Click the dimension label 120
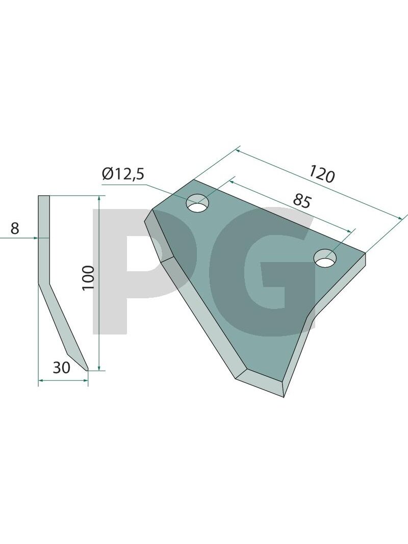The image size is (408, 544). [x=322, y=174]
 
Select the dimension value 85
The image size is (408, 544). [x=302, y=201]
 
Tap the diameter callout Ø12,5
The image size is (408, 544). [x=123, y=174]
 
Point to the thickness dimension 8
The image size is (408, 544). [x=15, y=228]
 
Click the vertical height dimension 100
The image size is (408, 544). [x=88, y=277]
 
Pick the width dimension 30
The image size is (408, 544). [x=61, y=368]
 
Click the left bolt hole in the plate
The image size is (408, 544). [x=197, y=203]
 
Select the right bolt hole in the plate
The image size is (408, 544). [x=325, y=258]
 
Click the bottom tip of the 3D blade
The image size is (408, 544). [x=284, y=397]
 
